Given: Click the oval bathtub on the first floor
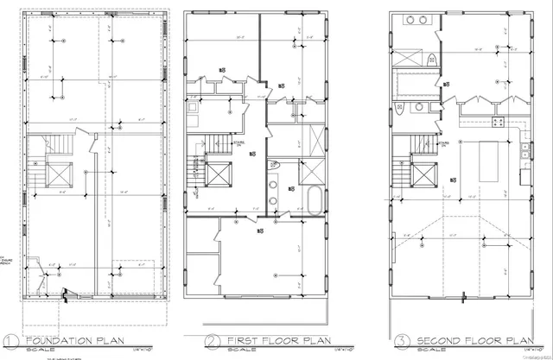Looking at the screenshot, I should click(x=315, y=200).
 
